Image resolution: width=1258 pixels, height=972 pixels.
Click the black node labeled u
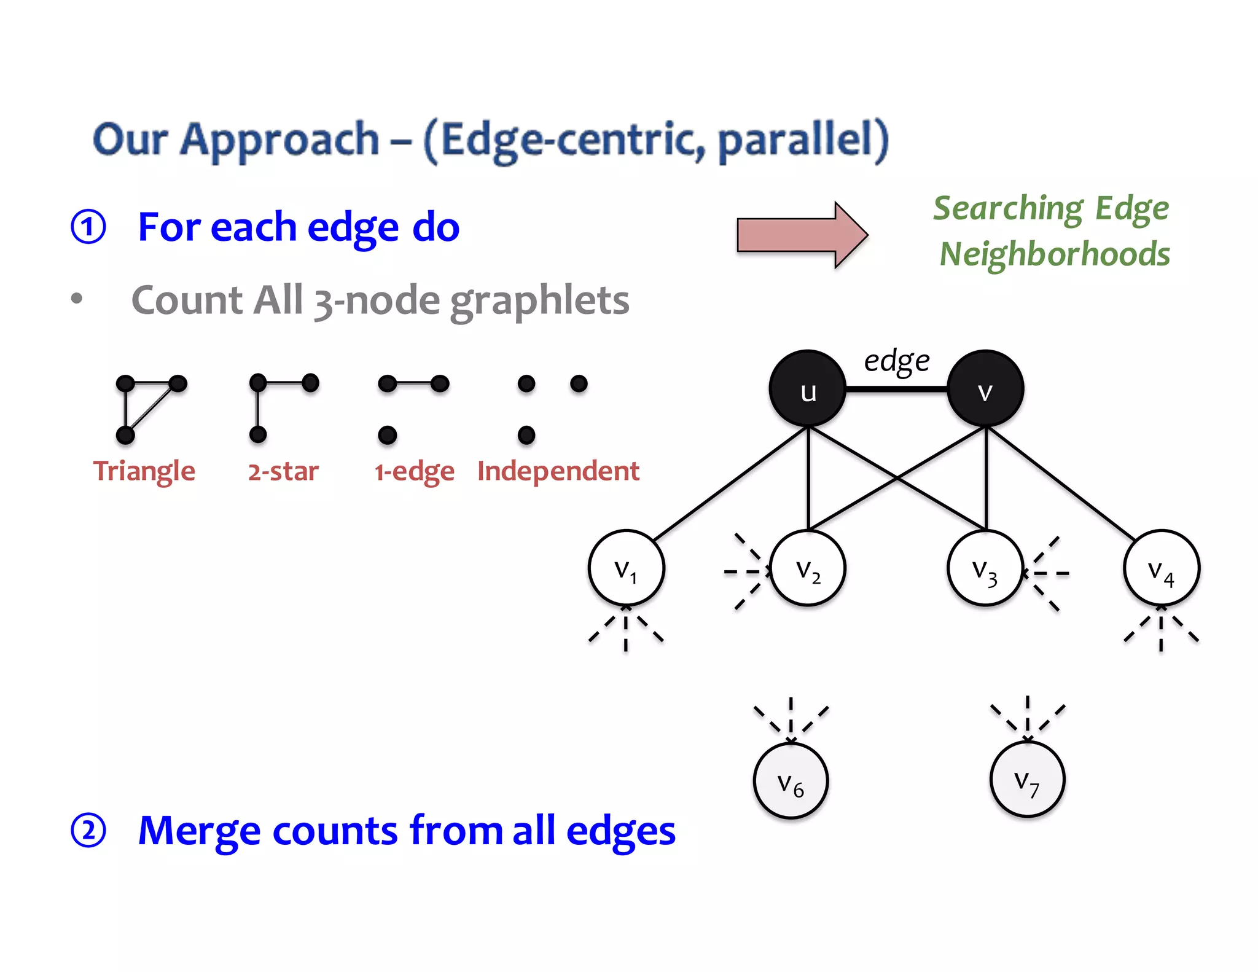[808, 389]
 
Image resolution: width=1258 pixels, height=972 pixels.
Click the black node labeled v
[985, 389]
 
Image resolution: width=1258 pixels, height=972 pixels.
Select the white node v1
[626, 568]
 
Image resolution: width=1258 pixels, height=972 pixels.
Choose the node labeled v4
[1161, 568]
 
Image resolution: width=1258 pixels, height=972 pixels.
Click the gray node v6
[791, 781]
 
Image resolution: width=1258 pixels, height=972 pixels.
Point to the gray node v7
[1027, 780]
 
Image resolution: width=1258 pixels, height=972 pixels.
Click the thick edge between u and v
[897, 389]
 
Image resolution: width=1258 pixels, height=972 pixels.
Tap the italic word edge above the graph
[896, 361]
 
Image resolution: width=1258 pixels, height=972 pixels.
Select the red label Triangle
[144, 471]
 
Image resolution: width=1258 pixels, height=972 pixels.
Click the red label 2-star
[283, 471]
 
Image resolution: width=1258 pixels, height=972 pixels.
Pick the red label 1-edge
[415, 472]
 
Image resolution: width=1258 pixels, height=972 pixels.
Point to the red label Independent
[558, 471]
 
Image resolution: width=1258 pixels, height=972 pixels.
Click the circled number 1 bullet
[88, 227]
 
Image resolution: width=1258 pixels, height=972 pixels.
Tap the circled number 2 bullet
[88, 831]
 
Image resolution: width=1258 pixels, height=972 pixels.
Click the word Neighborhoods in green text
[1055, 254]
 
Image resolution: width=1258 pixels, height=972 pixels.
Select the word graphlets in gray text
[539, 300]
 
